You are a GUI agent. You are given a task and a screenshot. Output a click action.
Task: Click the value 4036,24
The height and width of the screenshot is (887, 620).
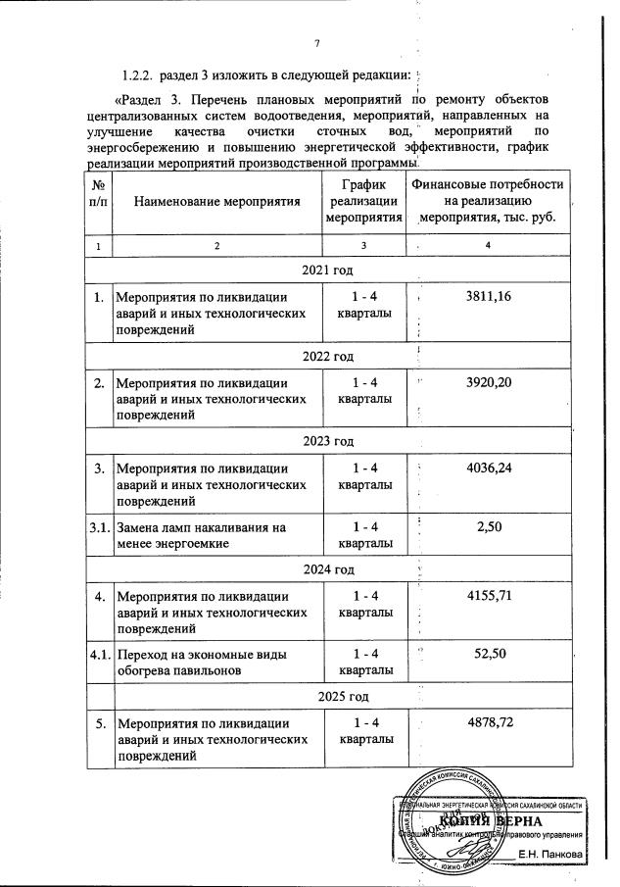(x=489, y=468)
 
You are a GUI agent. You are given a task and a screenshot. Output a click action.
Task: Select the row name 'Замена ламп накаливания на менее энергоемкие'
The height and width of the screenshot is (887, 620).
(x=200, y=535)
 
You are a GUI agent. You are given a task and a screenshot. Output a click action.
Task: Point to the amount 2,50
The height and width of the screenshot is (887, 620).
(x=489, y=527)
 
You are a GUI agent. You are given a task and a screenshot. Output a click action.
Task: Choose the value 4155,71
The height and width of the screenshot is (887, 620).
(x=489, y=595)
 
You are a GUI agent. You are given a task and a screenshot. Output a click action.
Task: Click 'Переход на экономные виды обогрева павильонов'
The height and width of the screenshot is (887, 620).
(x=200, y=663)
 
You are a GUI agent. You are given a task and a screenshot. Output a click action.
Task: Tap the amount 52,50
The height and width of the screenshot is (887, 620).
(x=489, y=654)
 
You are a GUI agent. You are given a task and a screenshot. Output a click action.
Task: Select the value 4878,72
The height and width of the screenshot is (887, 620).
(x=489, y=722)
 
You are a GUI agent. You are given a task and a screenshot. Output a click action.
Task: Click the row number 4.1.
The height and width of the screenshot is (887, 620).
(x=100, y=654)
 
